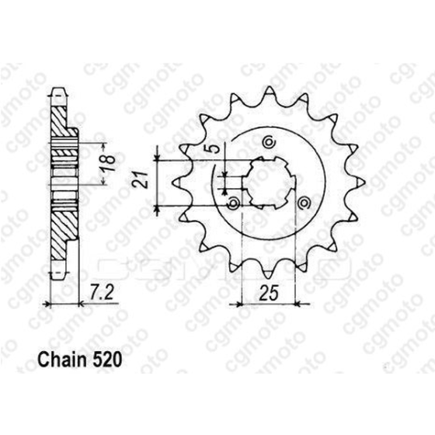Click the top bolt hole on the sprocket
point(269,142)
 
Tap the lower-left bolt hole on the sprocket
point(234,204)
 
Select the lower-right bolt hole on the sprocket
point(304,203)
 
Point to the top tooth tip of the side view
point(57,91)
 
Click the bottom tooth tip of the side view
point(57,271)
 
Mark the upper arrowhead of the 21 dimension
point(158,158)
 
